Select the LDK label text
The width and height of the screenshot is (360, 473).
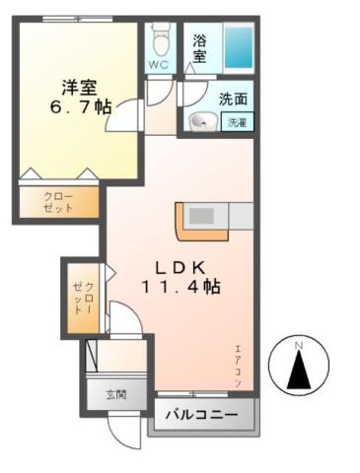click(177, 266)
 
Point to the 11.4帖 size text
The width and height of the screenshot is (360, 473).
click(179, 288)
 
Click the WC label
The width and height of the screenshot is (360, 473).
click(159, 65)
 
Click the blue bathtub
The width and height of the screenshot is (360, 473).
click(238, 44)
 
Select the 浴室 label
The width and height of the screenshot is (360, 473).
click(199, 49)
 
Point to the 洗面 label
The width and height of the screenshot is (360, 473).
click(233, 100)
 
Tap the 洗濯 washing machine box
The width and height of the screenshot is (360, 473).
click(238, 123)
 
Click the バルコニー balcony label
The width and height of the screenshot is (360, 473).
click(201, 415)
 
